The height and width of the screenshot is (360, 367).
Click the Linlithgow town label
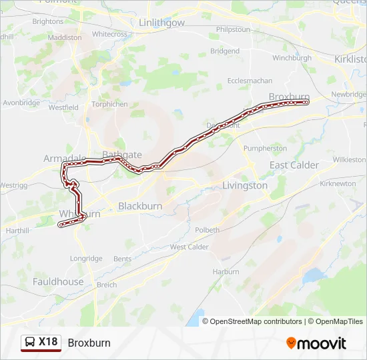point(161,23)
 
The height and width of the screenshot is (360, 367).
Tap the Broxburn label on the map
point(290,97)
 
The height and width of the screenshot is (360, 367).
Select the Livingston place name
point(244,186)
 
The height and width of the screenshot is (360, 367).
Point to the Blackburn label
point(140,206)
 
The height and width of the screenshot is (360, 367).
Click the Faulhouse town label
point(58,281)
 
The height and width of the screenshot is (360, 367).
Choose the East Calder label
point(294,165)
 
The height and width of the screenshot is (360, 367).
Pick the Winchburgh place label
point(292,58)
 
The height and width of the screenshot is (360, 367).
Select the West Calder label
point(189,247)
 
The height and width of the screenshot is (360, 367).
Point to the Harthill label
point(14,231)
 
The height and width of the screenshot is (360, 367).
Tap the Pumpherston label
point(264,147)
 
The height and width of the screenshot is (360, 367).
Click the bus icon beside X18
point(31,343)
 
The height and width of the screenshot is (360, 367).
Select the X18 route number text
point(49,342)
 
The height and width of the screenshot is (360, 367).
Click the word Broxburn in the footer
point(89,343)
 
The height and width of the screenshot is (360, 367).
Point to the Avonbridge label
point(21,103)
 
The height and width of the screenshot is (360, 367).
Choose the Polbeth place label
point(207,230)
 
